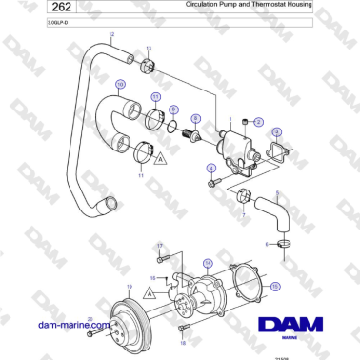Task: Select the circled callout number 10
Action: pyautogui.click(x=120, y=84)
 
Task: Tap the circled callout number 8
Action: pyautogui.click(x=196, y=118)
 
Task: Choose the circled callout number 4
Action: pyautogui.click(x=210, y=169)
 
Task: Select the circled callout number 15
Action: pyautogui.click(x=275, y=285)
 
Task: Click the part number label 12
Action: pyautogui.click(x=110, y=35)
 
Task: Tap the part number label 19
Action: pyautogui.click(x=130, y=287)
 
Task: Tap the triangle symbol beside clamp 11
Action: pyautogui.click(x=162, y=155)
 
